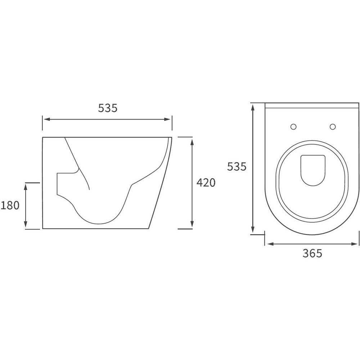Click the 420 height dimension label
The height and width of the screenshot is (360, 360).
tap(206, 183)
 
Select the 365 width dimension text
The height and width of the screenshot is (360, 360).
tap(312, 253)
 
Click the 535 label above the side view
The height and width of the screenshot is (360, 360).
tap(108, 108)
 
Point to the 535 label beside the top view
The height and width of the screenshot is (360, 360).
tap(237, 167)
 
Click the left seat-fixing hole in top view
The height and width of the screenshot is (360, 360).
tap(293, 126)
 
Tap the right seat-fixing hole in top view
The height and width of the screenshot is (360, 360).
tap(333, 126)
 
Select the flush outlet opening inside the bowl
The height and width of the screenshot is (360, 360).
tap(313, 170)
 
